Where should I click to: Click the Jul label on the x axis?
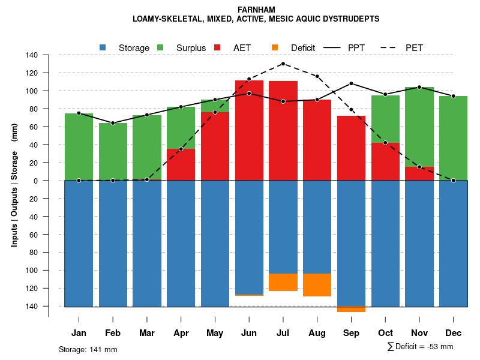(283, 333)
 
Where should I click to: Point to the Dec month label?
(453, 333)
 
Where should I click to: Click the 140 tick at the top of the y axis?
(32, 55)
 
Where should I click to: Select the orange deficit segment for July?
(283, 282)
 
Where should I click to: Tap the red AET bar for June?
(249, 129)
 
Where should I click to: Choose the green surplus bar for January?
(79, 147)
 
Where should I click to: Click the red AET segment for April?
(181, 164)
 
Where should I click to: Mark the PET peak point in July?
(283, 64)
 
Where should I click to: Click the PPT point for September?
(351, 83)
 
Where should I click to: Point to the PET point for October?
(385, 143)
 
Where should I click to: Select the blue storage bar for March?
(147, 243)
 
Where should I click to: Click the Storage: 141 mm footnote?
(88, 349)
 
